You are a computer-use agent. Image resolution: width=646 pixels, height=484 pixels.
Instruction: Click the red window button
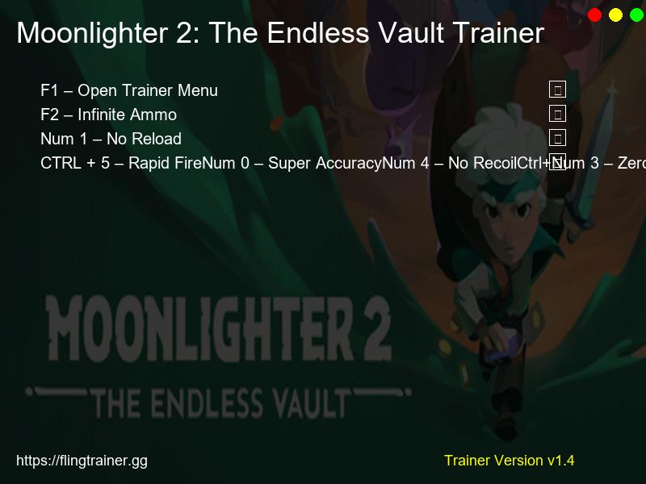(x=595, y=15)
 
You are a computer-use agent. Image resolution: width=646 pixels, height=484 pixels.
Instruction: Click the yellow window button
(x=616, y=15)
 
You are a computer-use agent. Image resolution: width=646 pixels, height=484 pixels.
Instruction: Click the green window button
(x=637, y=15)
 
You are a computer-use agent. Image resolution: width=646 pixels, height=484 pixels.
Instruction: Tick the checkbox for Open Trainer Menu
(x=557, y=90)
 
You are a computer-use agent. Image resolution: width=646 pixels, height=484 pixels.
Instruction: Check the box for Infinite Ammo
(x=557, y=114)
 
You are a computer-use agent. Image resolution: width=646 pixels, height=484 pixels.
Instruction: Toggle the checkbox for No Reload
(x=557, y=138)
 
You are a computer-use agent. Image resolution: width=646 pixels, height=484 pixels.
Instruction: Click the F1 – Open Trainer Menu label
(x=129, y=90)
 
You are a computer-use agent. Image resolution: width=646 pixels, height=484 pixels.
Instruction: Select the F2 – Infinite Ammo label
(x=108, y=115)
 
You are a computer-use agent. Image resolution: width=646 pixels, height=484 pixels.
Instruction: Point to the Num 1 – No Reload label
(x=111, y=139)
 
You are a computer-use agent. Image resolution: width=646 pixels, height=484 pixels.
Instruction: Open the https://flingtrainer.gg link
(x=82, y=461)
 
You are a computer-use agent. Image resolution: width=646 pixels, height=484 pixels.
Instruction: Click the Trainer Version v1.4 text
(x=509, y=461)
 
